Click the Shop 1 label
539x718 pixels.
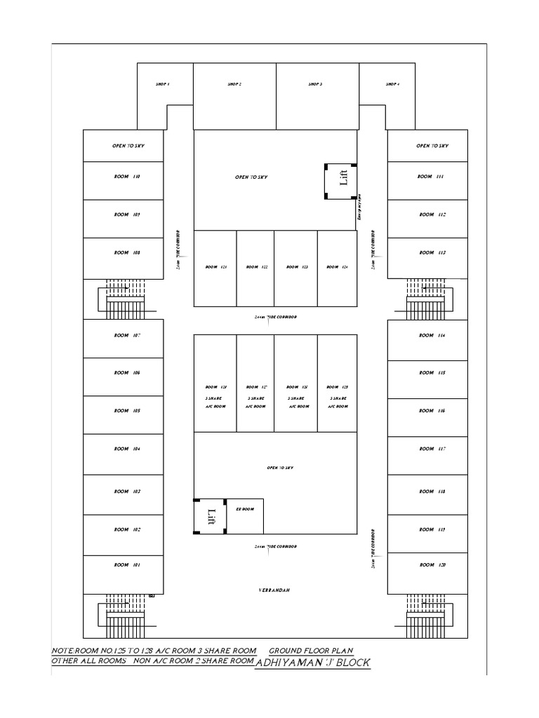click(x=163, y=84)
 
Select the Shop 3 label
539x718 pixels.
click(x=315, y=84)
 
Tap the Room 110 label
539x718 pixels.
click(x=127, y=177)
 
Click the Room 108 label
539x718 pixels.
click(x=127, y=252)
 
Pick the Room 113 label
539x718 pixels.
click(x=432, y=252)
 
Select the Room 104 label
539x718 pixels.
click(x=127, y=448)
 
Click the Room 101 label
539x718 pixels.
click(x=127, y=564)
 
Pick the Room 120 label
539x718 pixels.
click(x=432, y=564)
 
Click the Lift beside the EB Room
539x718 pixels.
click(x=210, y=517)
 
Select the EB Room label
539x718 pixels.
click(x=244, y=509)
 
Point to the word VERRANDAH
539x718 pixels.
click(x=274, y=590)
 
